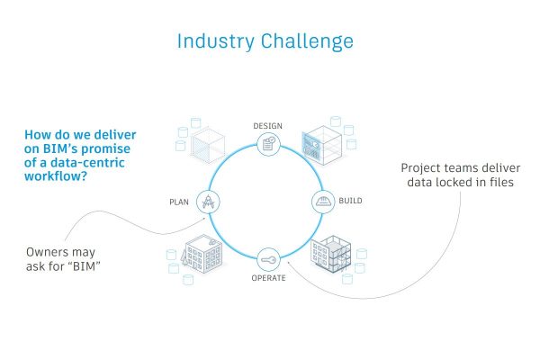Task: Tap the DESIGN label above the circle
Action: [269, 124]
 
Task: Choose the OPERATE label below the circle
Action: [269, 277]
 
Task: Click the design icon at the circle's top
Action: [268, 143]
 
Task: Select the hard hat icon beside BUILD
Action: [323, 201]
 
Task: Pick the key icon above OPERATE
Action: [268, 259]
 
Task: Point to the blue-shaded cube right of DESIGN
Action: [319, 141]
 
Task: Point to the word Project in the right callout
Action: [422, 168]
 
